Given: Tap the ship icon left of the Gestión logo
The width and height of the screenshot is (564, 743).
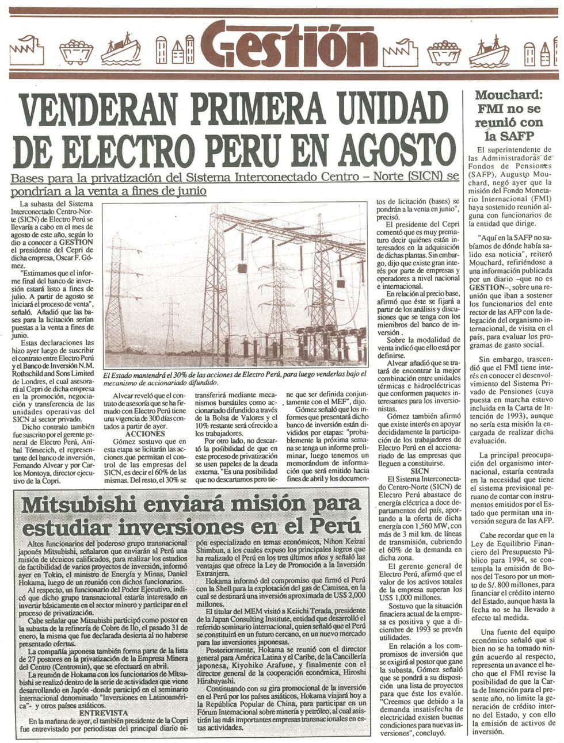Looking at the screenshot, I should pyautogui.click(x=120, y=49).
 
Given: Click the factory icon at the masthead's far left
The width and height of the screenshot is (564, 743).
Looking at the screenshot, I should pyautogui.click(x=26, y=49).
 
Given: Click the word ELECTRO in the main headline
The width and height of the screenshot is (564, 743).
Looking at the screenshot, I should pyautogui.click(x=137, y=149).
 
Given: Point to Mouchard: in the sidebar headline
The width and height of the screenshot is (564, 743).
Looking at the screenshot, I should pyautogui.click(x=508, y=95).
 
